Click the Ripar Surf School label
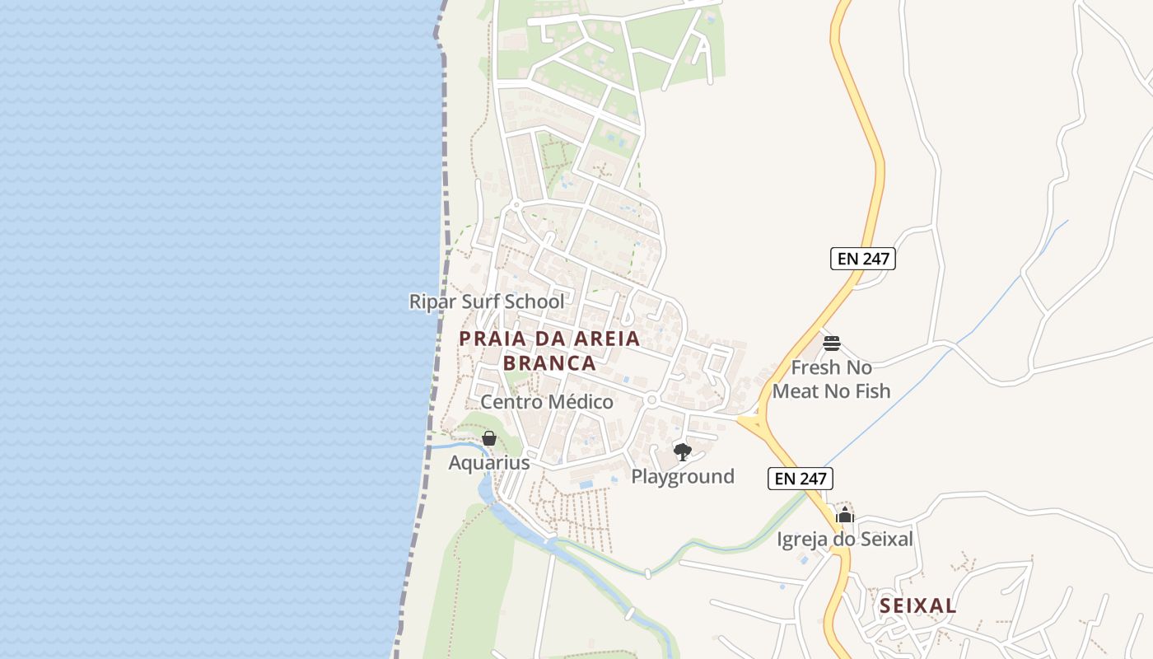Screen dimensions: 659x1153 coord(487,301)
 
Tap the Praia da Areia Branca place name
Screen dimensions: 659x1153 coord(549,350)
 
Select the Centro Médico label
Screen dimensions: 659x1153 coord(547,402)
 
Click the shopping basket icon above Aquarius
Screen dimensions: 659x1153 coord(488,438)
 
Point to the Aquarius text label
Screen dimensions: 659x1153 coord(488,463)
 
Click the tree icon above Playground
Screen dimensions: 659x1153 coord(682,451)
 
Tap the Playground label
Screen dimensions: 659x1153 coord(683,476)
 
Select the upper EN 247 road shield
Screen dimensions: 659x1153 coord(862,259)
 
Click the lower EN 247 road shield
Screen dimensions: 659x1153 coord(801,479)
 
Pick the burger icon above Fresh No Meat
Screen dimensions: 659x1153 coord(832,343)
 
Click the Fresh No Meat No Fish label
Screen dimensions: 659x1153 coord(832,379)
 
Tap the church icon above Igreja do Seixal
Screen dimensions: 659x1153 coord(845,516)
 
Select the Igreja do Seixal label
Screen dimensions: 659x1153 coord(845,540)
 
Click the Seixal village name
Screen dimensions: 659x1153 coord(917,606)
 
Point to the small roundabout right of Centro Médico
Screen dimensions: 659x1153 coord(651,400)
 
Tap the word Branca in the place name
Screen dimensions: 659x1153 coord(549,363)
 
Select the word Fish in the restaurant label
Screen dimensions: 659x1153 coord(871,390)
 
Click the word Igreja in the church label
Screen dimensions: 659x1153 coord(802,540)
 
